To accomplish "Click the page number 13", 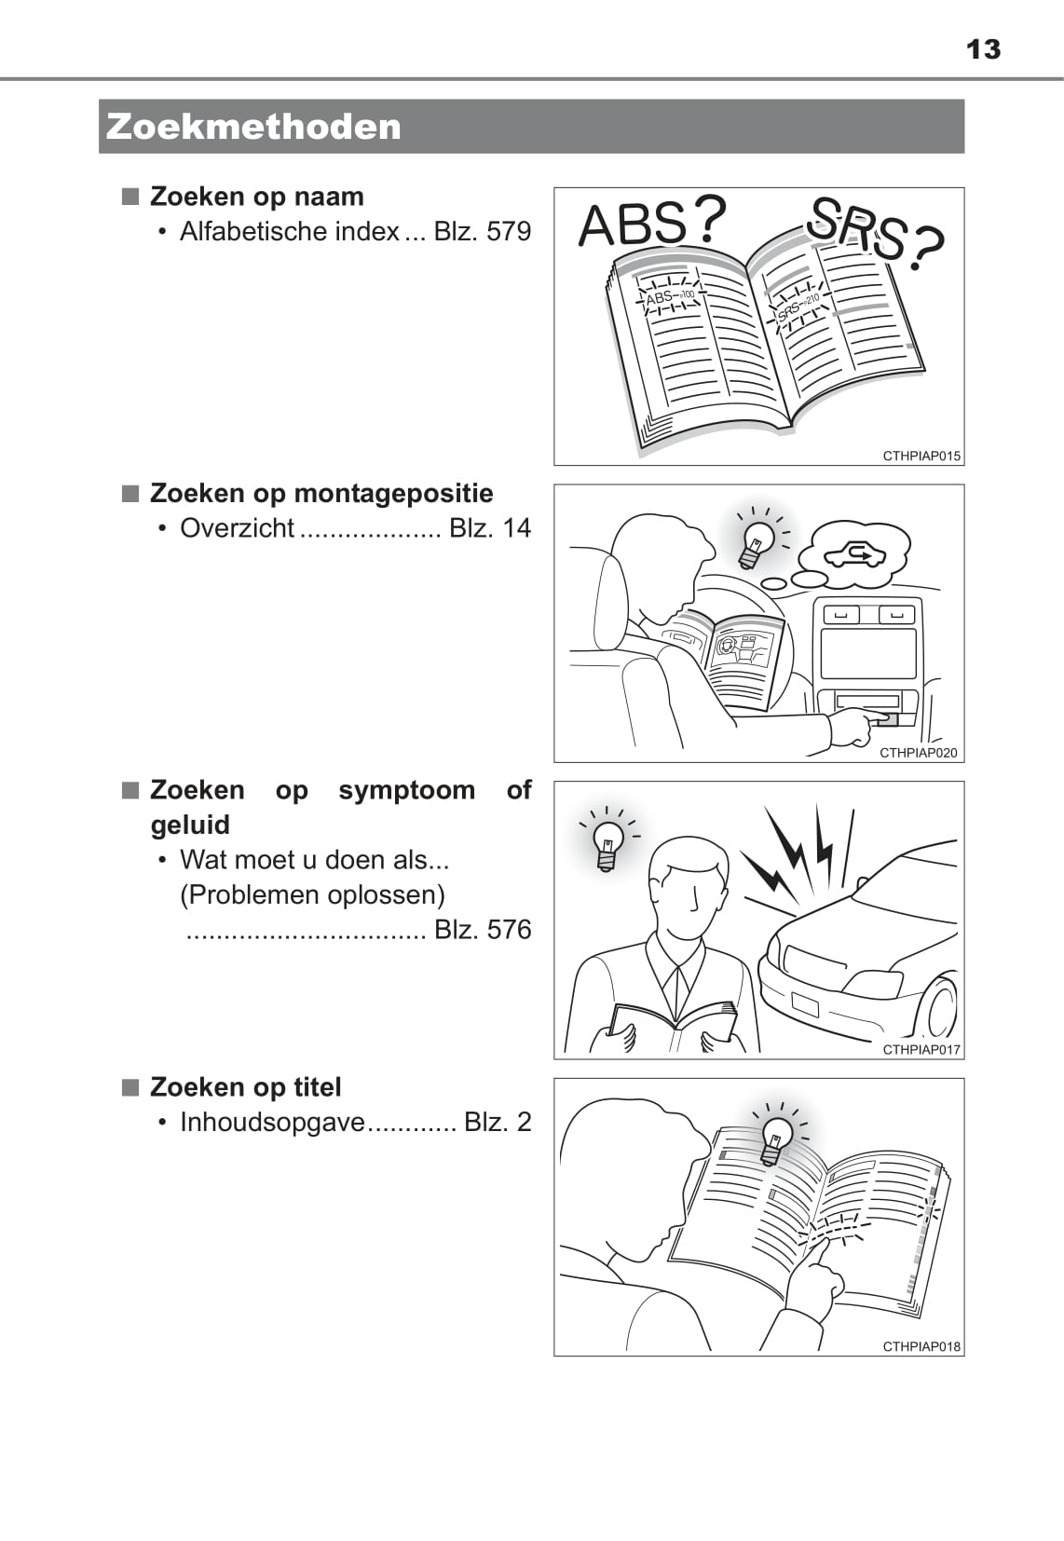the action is point(983,49).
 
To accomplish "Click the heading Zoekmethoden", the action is point(253,128).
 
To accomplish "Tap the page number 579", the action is point(509,232).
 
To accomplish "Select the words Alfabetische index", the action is point(290,232).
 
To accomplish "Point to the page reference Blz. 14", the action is point(490,528).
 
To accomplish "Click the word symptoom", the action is point(406,791).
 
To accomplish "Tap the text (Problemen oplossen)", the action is point(312,895).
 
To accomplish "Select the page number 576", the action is point(509,930).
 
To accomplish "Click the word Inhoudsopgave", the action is point(272,1123).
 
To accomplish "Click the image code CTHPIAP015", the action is point(921,457).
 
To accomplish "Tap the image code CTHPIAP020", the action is point(919,754).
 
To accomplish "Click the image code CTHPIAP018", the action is point(921,1347).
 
